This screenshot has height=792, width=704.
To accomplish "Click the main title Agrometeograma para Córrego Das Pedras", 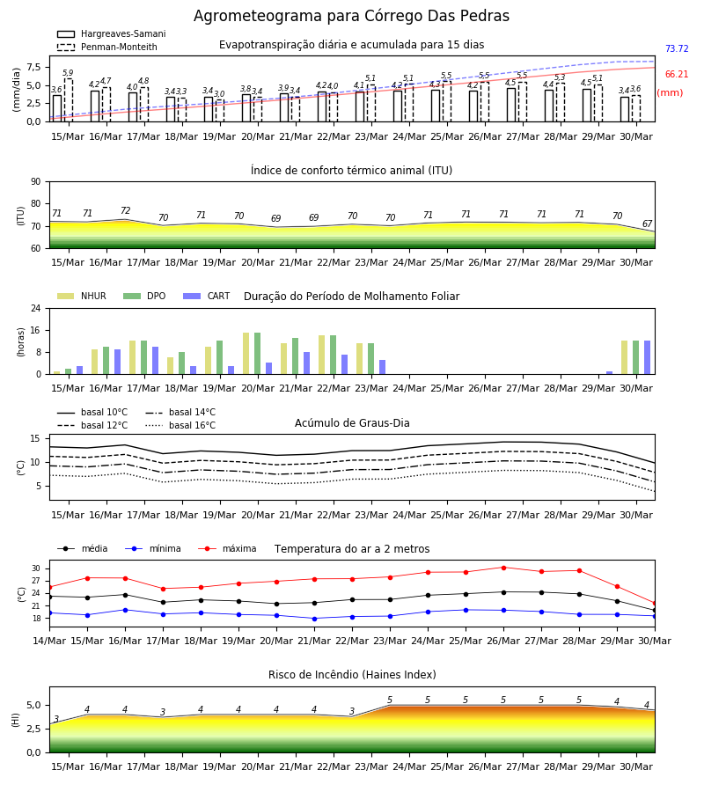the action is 351,16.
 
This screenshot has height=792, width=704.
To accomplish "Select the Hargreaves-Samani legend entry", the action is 112,33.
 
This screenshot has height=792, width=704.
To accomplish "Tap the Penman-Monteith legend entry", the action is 107,47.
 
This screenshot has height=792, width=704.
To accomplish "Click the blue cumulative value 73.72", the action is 677,49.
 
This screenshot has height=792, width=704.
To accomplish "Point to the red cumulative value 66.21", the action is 677,74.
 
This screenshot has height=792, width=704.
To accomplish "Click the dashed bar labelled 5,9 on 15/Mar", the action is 68,100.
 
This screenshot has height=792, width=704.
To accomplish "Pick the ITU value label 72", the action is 125,210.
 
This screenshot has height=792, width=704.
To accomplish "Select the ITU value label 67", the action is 647,224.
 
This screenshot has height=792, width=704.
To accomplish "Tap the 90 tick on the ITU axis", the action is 36,182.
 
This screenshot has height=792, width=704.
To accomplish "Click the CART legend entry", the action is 207,296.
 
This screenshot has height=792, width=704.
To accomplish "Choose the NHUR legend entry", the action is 82,296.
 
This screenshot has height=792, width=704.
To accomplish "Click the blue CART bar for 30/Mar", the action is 647,357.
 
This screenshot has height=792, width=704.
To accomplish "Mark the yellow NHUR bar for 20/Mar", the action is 246,354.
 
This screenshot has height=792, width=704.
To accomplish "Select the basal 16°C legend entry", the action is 180,425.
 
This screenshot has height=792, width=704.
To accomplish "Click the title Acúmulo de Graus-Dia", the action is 352,423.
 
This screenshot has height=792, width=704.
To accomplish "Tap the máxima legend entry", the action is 228,548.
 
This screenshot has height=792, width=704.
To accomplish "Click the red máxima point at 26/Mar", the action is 503,568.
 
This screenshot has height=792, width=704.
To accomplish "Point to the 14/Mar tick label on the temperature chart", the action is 49,641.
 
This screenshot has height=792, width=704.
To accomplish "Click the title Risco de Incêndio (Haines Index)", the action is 352,675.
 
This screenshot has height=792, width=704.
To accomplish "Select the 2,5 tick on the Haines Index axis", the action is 33,729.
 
